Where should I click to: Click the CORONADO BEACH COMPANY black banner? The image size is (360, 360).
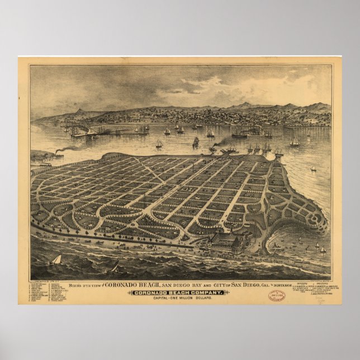pos(179,292)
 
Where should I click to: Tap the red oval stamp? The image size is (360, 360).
pos(276,296)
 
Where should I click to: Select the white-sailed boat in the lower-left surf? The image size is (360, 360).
pos(56,260)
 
